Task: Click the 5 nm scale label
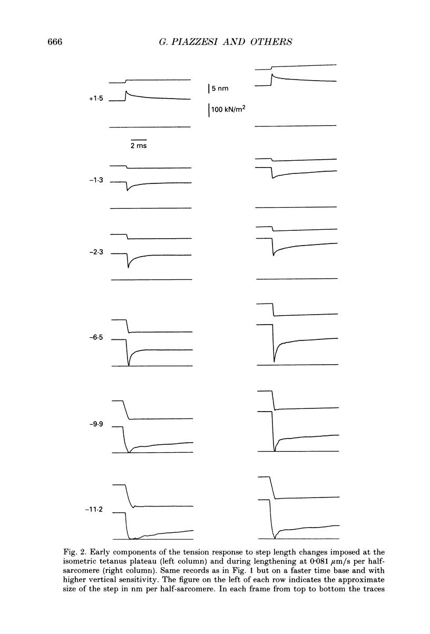click(x=220, y=89)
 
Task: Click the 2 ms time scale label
click(x=139, y=146)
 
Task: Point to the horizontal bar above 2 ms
click(x=139, y=140)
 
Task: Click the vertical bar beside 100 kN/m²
click(x=209, y=111)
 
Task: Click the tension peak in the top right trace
click(x=271, y=75)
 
